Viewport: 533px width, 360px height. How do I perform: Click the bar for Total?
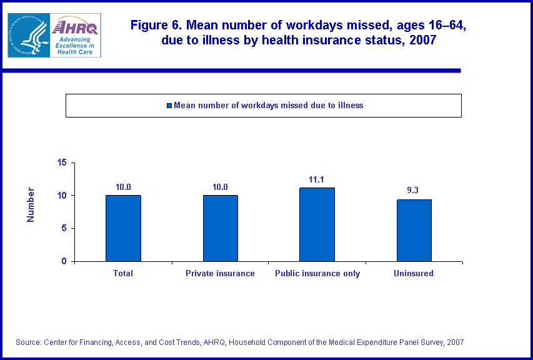[123, 228]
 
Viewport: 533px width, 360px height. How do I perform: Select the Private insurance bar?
[220, 228]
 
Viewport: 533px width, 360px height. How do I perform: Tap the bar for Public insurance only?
[317, 224]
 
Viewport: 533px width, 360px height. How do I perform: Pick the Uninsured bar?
[414, 230]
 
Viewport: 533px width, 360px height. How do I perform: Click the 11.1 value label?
[317, 179]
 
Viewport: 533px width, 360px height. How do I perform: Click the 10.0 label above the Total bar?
[123, 187]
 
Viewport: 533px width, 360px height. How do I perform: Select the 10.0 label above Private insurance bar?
[220, 187]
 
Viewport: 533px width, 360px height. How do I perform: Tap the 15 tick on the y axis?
[62, 162]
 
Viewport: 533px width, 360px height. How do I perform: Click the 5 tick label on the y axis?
[64, 228]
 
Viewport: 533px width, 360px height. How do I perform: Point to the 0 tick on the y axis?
[64, 261]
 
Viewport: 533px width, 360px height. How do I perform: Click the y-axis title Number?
[31, 204]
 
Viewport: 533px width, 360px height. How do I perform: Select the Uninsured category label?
[413, 273]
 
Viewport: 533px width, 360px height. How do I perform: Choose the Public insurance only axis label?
[317, 273]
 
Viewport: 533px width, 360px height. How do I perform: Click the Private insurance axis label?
[220, 273]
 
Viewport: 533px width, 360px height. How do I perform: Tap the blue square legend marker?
[169, 106]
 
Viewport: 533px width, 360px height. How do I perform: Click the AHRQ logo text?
[75, 26]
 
